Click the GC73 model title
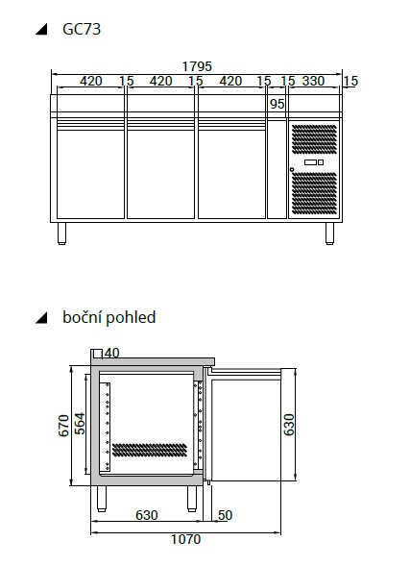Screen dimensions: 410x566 pyautogui.click(x=82, y=29)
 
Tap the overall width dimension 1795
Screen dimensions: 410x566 pyautogui.click(x=197, y=66)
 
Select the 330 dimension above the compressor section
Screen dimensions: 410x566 pyautogui.click(x=313, y=81)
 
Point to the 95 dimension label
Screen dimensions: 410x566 pyautogui.click(x=277, y=104)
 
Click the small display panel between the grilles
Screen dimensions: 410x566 pyautogui.click(x=314, y=162)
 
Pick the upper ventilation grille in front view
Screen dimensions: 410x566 pyautogui.click(x=314, y=139)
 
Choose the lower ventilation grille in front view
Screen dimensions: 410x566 pyautogui.click(x=314, y=192)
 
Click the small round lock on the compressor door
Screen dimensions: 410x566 pyautogui.click(x=292, y=169)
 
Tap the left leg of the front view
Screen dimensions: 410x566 pyautogui.click(x=62, y=234)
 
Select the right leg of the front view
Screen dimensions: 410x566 pyautogui.click(x=329, y=234)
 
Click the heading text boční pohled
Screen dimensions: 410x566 pyautogui.click(x=109, y=317)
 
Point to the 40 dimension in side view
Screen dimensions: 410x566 pyautogui.click(x=111, y=353)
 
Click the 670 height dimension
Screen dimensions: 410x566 pyautogui.click(x=63, y=426)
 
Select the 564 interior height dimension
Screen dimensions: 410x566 pyautogui.click(x=80, y=424)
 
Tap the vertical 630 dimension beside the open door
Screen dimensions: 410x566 pyautogui.click(x=289, y=425)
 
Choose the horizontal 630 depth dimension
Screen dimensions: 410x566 pyautogui.click(x=147, y=515)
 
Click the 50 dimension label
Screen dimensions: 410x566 pyautogui.click(x=225, y=515)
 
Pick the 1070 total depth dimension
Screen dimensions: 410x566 pyautogui.click(x=185, y=539)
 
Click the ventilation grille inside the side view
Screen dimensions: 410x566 pyautogui.click(x=150, y=450)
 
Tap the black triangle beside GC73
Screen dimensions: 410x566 pyautogui.click(x=42, y=29)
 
